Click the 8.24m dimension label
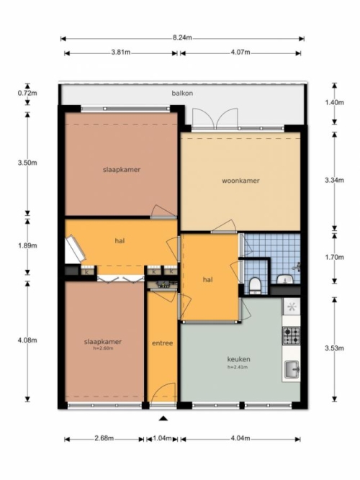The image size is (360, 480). click(x=182, y=38)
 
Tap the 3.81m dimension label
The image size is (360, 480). click(x=121, y=53)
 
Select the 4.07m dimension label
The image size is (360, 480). click(x=240, y=53)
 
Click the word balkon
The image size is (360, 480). click(x=182, y=94)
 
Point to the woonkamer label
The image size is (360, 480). click(x=240, y=181)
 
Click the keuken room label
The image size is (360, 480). click(x=238, y=359)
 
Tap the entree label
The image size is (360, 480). click(x=163, y=343)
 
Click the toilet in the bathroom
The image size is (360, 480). click(x=255, y=285)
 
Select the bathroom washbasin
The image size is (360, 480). click(x=285, y=279)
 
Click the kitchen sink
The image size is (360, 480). click(x=292, y=370)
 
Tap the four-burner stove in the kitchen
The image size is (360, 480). click(x=291, y=335)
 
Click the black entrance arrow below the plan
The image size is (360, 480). click(x=163, y=418)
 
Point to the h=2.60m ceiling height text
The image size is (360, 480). click(x=103, y=348)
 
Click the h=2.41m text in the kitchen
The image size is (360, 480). click(x=238, y=367)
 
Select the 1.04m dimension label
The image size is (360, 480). click(x=162, y=438)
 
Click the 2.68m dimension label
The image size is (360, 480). click(x=104, y=438)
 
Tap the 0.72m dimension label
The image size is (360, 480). click(x=27, y=93)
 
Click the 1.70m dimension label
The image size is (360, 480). click(x=334, y=257)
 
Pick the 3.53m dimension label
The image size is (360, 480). click(x=334, y=348)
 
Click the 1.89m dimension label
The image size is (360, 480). click(x=27, y=245)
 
